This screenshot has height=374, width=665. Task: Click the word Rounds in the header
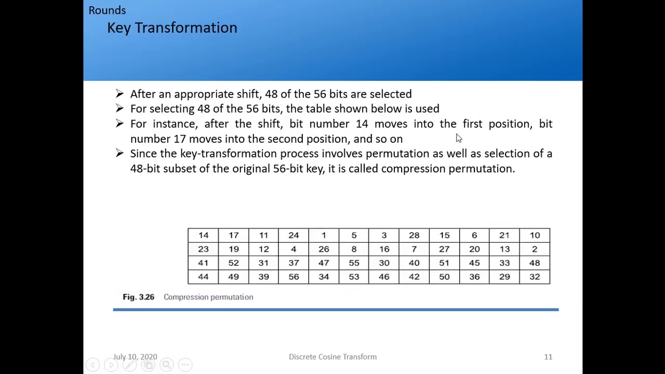click(x=107, y=10)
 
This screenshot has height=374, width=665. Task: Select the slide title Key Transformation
click(x=172, y=28)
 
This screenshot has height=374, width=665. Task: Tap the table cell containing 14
click(x=203, y=235)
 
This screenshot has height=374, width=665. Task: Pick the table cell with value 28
click(x=414, y=235)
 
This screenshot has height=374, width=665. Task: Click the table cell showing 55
click(x=354, y=263)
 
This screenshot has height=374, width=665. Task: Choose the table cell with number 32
click(x=535, y=277)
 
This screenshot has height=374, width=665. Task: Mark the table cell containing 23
click(x=203, y=249)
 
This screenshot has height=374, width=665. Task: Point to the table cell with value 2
click(x=535, y=249)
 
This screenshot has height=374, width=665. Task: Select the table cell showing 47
click(x=324, y=263)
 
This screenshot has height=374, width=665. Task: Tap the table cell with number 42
click(x=414, y=277)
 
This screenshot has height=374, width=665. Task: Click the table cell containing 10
click(x=535, y=235)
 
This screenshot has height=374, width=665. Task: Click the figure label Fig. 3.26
click(x=138, y=297)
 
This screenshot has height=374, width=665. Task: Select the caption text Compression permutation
click(x=208, y=297)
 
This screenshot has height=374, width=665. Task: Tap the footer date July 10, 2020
click(x=135, y=357)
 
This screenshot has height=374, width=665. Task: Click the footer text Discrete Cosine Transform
click(x=332, y=357)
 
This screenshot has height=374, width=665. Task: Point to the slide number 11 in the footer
click(x=548, y=357)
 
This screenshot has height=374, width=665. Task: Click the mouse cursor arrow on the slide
click(x=458, y=138)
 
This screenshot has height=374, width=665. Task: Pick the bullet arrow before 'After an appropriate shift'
click(x=120, y=94)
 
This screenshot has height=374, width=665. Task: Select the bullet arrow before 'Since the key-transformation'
click(x=120, y=154)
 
